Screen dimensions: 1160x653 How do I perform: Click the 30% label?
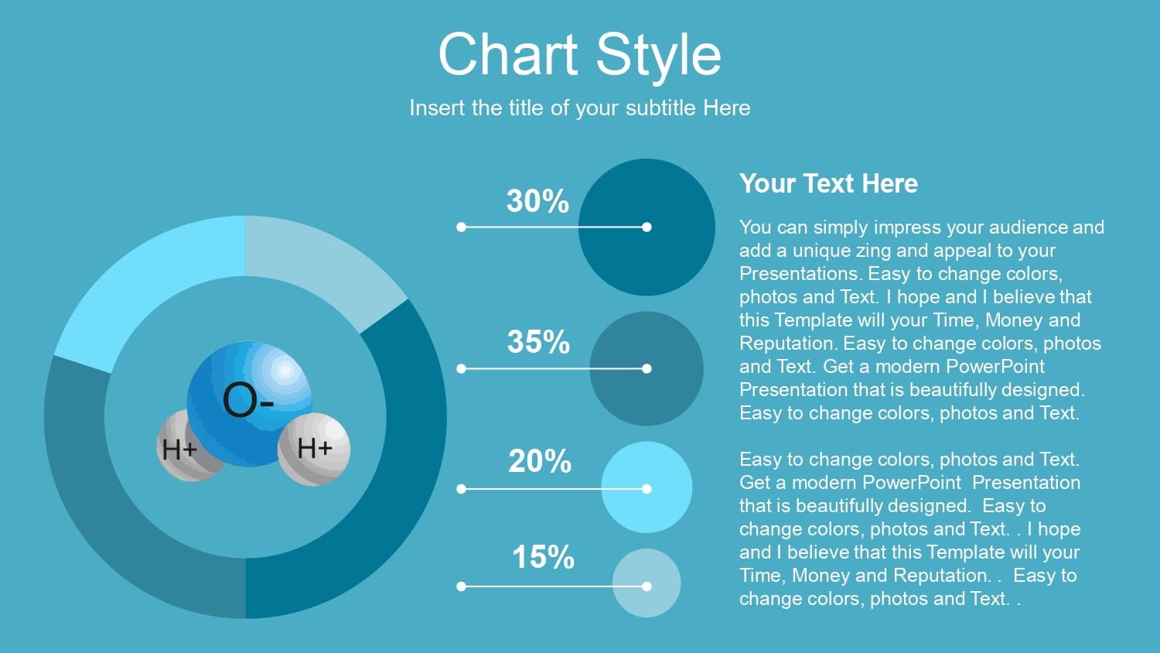(x=537, y=201)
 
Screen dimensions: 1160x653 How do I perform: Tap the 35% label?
(x=538, y=342)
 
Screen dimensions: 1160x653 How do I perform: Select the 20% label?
(x=540, y=461)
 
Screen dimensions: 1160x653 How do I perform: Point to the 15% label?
(x=543, y=557)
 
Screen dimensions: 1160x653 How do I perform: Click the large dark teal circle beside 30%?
(x=647, y=227)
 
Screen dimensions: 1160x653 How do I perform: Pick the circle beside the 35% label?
(x=647, y=368)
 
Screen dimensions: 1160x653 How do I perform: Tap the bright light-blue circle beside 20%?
(x=647, y=487)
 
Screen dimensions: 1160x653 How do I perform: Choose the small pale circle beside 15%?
(x=647, y=583)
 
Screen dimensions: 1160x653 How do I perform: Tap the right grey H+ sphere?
(x=314, y=449)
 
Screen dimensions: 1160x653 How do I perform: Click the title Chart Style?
(x=579, y=54)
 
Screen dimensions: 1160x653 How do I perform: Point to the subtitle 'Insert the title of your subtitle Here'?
(x=579, y=108)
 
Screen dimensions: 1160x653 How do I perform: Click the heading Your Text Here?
(x=828, y=183)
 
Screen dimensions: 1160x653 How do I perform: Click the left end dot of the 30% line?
(x=462, y=227)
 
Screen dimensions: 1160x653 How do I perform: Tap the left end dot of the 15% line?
(x=462, y=586)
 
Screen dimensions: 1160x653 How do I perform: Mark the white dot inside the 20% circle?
(x=647, y=489)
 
